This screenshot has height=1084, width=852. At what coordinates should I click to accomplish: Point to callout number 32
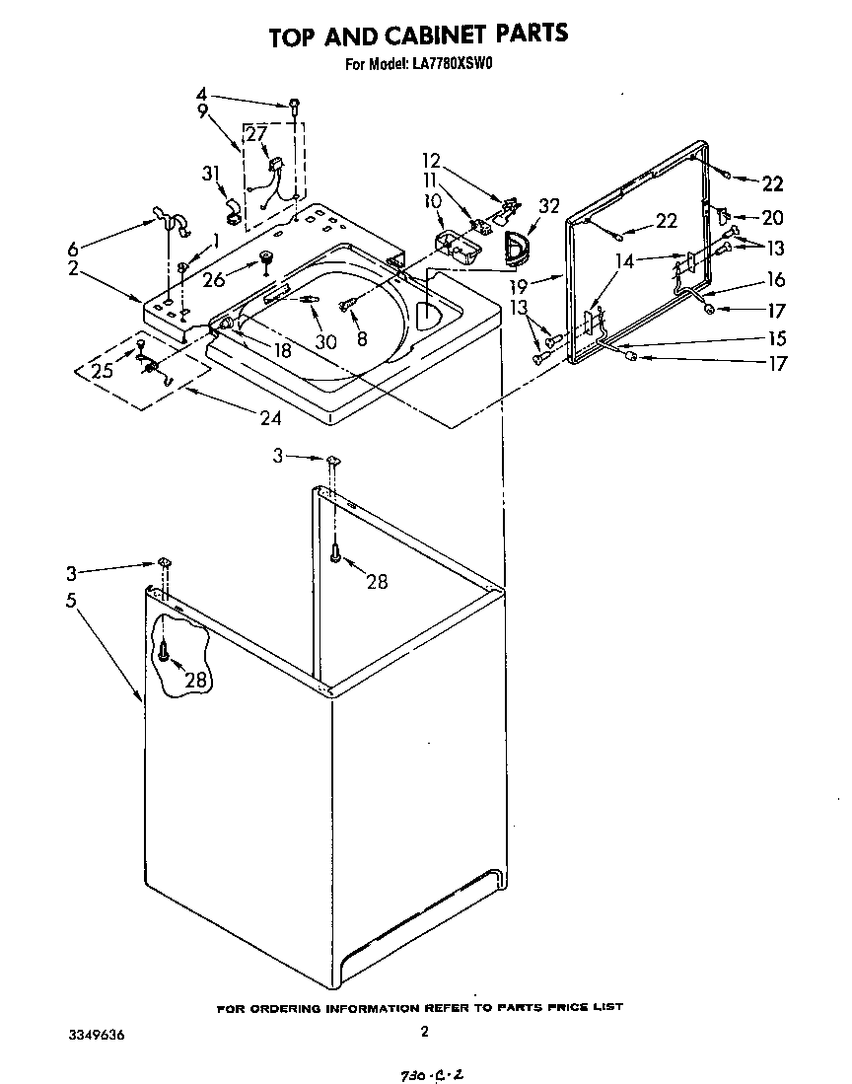tap(549, 206)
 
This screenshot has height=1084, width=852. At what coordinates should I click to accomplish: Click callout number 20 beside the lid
tap(772, 217)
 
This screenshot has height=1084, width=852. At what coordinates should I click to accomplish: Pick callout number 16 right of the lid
tap(775, 281)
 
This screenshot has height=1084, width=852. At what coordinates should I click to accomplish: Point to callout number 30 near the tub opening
tap(324, 341)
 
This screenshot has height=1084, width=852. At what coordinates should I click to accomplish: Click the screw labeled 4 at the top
tap(294, 104)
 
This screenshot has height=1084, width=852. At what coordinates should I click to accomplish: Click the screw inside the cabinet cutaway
tap(165, 650)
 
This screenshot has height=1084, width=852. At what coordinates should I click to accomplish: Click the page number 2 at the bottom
tap(424, 1033)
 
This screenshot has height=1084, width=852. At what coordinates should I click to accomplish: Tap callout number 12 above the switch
tap(430, 161)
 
